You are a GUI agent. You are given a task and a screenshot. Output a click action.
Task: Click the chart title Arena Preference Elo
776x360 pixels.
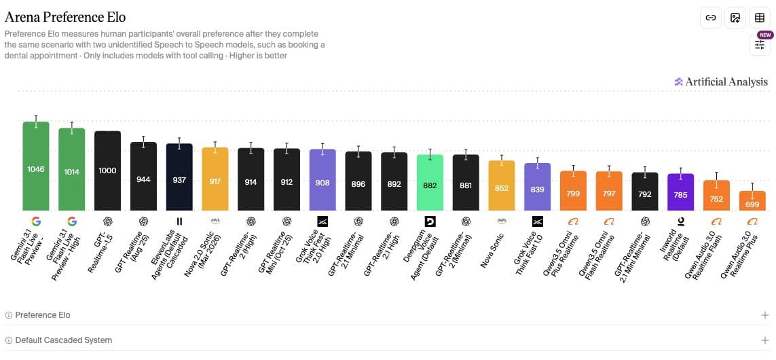coord(64,18)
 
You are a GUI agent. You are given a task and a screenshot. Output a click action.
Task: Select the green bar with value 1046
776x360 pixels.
coord(36,166)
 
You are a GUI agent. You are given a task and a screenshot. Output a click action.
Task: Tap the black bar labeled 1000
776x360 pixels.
coord(107,171)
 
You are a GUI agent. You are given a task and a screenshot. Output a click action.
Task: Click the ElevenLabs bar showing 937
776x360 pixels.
coord(179,177)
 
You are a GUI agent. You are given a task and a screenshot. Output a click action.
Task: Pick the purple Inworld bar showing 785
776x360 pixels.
coord(681,192)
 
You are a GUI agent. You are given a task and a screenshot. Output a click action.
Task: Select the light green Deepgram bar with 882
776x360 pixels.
coord(430,183)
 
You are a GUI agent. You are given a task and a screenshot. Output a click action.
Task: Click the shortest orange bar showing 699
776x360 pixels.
coord(752,201)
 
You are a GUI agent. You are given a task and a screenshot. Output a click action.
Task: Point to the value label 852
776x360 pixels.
coord(502,188)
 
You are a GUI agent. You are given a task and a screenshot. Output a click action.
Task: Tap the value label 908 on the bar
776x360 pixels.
coord(322,182)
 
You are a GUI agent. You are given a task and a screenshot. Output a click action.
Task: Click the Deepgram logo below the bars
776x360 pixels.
coord(430,221)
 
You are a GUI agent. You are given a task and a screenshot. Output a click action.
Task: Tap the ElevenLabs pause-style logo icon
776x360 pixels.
coord(179,221)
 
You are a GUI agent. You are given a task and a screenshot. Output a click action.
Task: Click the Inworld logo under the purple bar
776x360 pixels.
coord(681,221)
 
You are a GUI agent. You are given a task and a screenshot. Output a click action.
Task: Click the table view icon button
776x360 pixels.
coord(760,18)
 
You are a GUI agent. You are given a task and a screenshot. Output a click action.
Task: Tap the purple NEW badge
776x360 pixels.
coord(766,35)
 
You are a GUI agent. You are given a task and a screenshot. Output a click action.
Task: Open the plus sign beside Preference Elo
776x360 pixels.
coord(765,315)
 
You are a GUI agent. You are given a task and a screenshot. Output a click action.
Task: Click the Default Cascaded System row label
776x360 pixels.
coord(63,340)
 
